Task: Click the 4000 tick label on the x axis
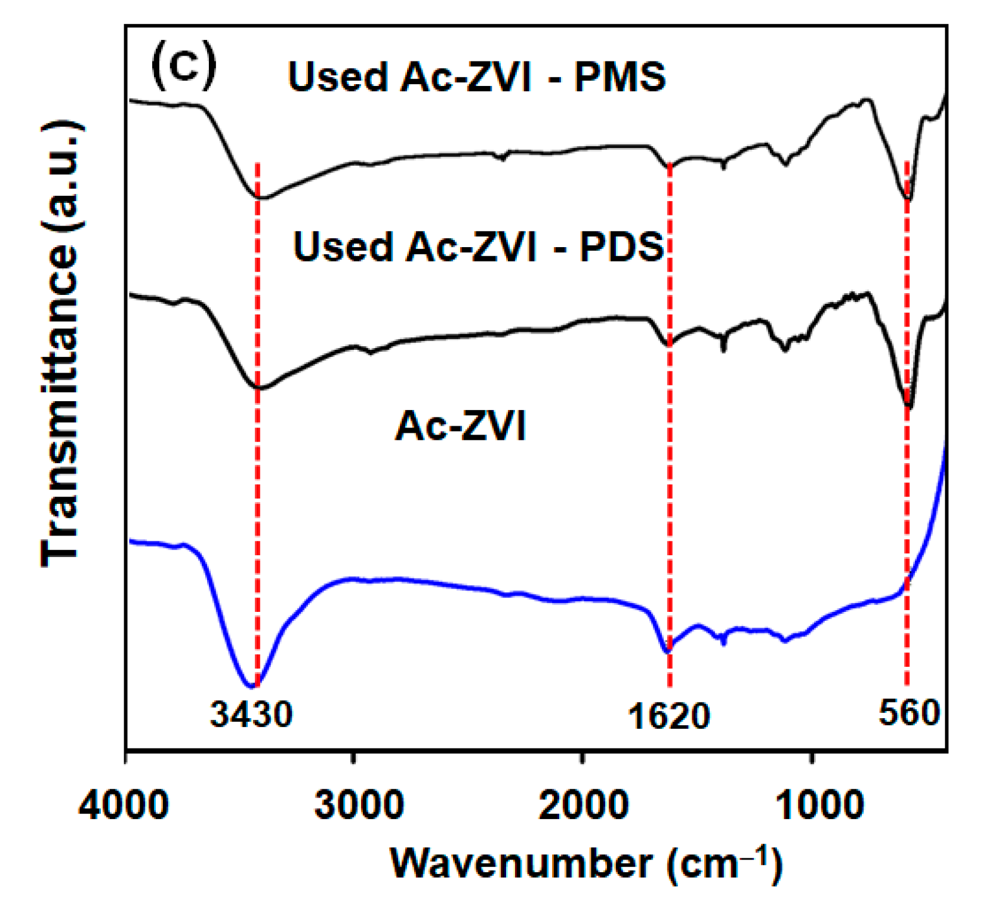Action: click(x=124, y=805)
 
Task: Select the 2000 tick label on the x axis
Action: click(x=583, y=805)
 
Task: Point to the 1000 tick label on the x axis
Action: click(x=819, y=805)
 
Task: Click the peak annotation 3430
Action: click(x=251, y=714)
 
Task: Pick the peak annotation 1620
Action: click(x=668, y=716)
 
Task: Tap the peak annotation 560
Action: click(x=909, y=713)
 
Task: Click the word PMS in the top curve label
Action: click(x=620, y=77)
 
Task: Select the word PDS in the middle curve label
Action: click(x=622, y=247)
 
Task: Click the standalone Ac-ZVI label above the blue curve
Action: click(x=460, y=426)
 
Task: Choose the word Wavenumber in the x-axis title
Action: click(x=522, y=863)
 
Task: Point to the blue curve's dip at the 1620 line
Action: click(x=667, y=651)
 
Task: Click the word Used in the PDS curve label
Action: click(x=343, y=247)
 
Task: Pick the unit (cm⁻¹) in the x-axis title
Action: click(x=725, y=863)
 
